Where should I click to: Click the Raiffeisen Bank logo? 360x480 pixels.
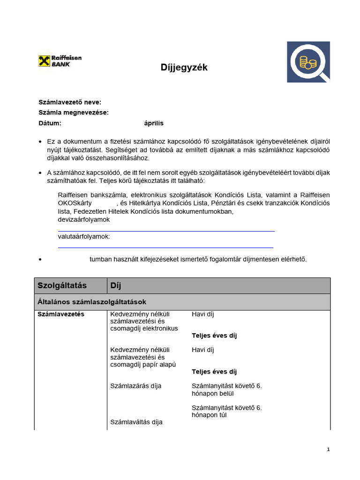tap(60, 61)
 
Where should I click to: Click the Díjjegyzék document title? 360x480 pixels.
tap(184, 68)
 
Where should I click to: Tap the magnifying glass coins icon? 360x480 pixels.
tap(308, 62)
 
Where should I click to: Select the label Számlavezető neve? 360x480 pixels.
tap(69, 102)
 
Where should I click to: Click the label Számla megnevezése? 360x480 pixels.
tap(73, 112)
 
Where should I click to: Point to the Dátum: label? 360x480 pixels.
tap(50, 123)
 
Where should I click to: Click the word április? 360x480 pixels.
tap(154, 123)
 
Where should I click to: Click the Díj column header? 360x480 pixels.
tap(116, 285)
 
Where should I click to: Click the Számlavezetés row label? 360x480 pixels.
tap(61, 314)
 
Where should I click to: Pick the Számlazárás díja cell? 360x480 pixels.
tap(136, 386)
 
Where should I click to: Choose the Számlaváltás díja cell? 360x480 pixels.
tap(136, 422)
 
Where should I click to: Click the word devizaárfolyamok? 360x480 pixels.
tap(84, 219)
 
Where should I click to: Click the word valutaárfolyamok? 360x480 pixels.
tap(84, 236)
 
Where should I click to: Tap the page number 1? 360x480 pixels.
tap(328, 450)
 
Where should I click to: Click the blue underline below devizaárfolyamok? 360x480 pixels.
tap(166, 231)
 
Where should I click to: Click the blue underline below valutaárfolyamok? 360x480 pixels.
tap(165, 247)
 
